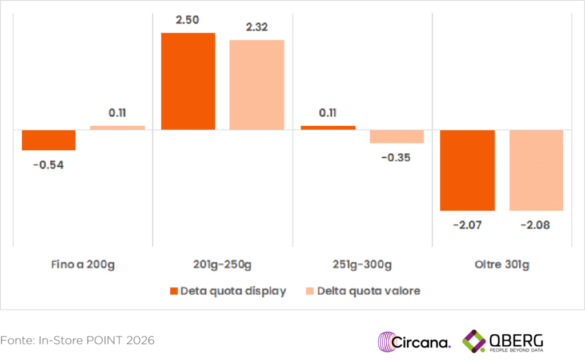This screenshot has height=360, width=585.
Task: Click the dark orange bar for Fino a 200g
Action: (x=49, y=140)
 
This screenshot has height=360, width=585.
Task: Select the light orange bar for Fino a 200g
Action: (x=117, y=127)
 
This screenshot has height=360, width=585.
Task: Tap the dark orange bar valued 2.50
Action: (x=188, y=81)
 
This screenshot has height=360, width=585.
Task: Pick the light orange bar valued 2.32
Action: (x=257, y=85)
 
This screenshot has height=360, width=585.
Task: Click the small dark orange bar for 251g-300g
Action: (x=328, y=127)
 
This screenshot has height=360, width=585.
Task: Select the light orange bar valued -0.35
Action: (x=396, y=137)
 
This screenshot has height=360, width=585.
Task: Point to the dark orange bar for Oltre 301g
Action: (x=467, y=170)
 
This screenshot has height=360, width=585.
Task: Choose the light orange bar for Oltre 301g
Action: (x=536, y=170)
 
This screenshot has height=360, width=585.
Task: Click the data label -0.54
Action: (x=49, y=166)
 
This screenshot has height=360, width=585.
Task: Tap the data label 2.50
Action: (x=188, y=20)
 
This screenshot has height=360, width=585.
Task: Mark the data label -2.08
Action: (x=536, y=225)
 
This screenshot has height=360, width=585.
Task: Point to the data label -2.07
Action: (x=467, y=225)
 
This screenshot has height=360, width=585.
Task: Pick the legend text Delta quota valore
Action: (x=368, y=291)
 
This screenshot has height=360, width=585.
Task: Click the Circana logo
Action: (x=414, y=342)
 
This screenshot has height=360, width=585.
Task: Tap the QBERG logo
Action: (x=503, y=342)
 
